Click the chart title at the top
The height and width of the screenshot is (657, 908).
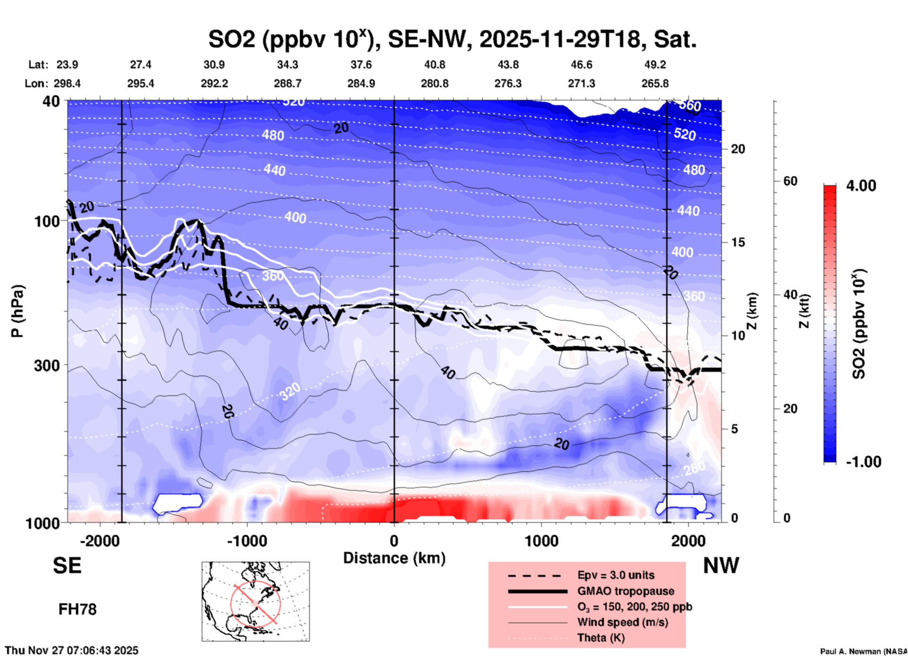[x=453, y=40]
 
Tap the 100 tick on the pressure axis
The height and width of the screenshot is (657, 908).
[x=47, y=221]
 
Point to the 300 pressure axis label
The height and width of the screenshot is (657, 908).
[x=47, y=365]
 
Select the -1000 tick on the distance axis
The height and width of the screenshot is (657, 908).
[x=247, y=541]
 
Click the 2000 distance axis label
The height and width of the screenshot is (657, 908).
[x=688, y=541]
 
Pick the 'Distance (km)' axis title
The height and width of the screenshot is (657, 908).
[x=394, y=558]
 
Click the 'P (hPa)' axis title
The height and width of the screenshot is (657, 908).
[x=17, y=311]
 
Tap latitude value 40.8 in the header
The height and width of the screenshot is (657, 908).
[x=434, y=65]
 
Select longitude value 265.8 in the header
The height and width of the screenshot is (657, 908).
[x=655, y=83]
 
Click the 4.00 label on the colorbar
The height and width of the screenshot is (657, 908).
[x=861, y=186]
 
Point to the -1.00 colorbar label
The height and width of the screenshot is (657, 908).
[x=863, y=462]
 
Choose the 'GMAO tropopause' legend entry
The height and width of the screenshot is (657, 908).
[x=626, y=591]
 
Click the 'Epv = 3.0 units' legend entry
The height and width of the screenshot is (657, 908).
[x=616, y=575]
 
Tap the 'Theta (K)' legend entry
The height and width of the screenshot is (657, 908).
[x=601, y=638]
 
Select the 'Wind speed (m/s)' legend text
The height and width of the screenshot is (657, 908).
[x=622, y=622]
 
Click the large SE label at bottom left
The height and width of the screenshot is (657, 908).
[x=67, y=566]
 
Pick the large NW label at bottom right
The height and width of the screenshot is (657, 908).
[x=721, y=566]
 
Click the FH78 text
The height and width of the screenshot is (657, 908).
[x=77, y=609]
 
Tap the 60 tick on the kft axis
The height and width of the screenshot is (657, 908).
[x=790, y=181]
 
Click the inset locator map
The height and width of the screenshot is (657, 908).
[x=256, y=601]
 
